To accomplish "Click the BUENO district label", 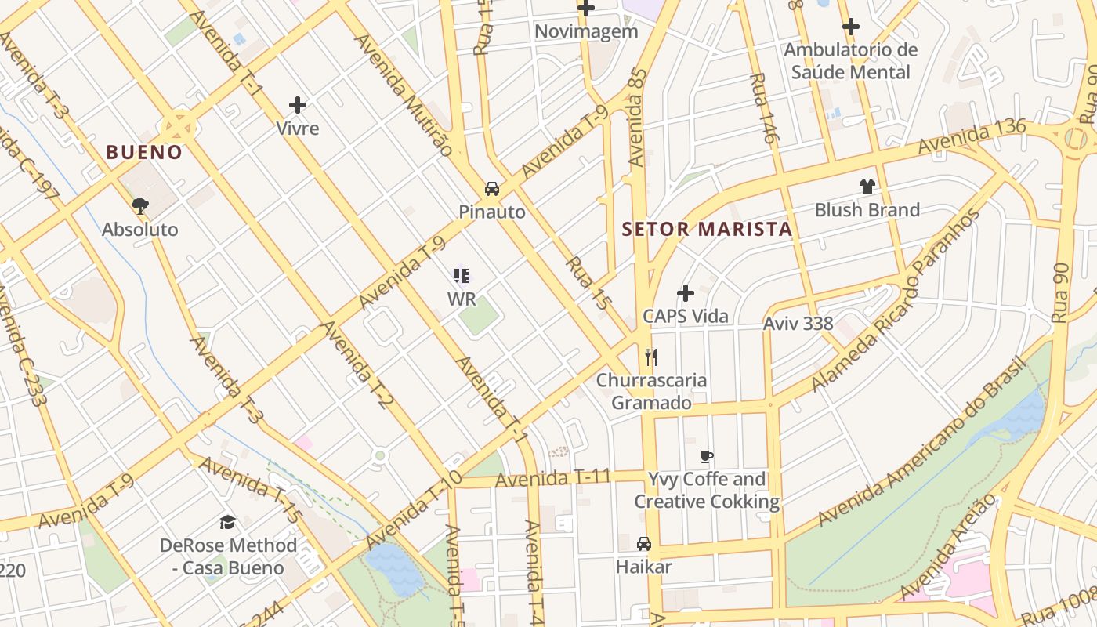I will tap(144, 152).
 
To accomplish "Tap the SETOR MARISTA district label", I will tap(707, 230).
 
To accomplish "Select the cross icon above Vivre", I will tap(298, 104).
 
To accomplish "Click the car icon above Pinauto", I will tap(492, 188).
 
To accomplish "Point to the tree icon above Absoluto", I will tap(140, 206).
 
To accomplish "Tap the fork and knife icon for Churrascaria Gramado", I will tap(650, 357).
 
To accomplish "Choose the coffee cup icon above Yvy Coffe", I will tap(707, 456).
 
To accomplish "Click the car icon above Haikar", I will tap(643, 543).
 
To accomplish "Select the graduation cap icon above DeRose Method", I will tap(227, 522).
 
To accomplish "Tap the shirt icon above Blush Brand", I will tap(867, 187).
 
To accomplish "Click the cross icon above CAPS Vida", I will tap(686, 293).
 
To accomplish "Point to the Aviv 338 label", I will tap(798, 324).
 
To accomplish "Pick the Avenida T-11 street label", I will tap(552, 477).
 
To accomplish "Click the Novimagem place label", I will tap(586, 32).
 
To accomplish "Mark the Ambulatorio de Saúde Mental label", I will tap(851, 61).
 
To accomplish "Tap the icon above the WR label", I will tap(462, 276).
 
